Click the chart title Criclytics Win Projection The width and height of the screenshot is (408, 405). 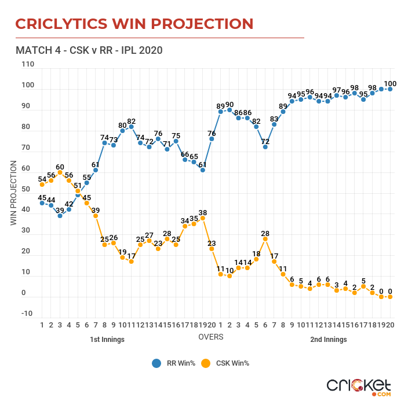[x=134, y=24]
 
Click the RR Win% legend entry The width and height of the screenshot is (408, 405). [x=174, y=363]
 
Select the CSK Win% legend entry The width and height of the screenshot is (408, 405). [x=226, y=363]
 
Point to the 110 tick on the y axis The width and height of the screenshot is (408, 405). [x=27, y=65]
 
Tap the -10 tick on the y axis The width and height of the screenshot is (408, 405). [x=27, y=314]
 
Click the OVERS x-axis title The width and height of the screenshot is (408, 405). [x=211, y=336]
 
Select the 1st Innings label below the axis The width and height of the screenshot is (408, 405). [x=107, y=340]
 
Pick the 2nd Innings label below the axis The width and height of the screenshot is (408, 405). [x=329, y=340]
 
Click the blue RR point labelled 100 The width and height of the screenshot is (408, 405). [x=390, y=89]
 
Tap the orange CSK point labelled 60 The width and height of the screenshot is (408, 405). [x=60, y=172]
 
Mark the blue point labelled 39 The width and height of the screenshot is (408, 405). [x=60, y=215]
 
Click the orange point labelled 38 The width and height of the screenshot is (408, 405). [x=203, y=218]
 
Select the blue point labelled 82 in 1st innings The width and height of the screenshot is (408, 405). [x=132, y=127]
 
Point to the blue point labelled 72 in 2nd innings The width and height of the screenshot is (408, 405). [x=265, y=147]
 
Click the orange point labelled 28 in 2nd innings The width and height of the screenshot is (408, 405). [x=265, y=238]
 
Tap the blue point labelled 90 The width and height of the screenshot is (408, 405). [x=230, y=110]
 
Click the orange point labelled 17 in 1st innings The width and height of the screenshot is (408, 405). [x=132, y=262]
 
